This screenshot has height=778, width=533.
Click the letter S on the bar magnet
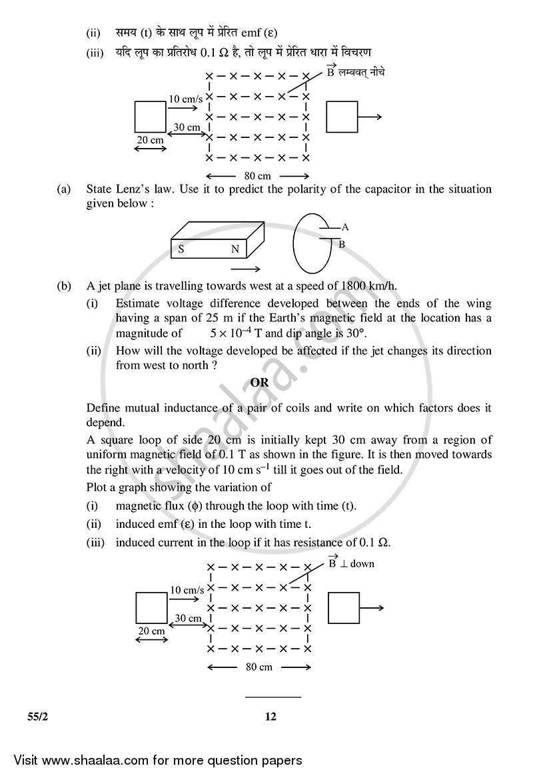point(181,250)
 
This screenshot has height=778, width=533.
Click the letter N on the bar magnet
point(235,250)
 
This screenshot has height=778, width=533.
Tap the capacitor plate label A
point(344,227)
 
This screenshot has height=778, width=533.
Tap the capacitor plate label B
point(342,245)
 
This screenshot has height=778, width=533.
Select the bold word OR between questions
point(259,383)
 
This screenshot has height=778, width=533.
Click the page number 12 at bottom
point(270,717)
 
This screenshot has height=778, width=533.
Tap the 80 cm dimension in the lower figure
point(259,667)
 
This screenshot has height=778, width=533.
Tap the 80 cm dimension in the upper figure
point(258,176)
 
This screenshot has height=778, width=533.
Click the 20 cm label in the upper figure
point(150,140)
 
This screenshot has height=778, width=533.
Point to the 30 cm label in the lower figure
point(188,618)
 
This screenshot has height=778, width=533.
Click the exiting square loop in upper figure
point(342,117)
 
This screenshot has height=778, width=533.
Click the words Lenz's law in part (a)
point(141,189)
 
